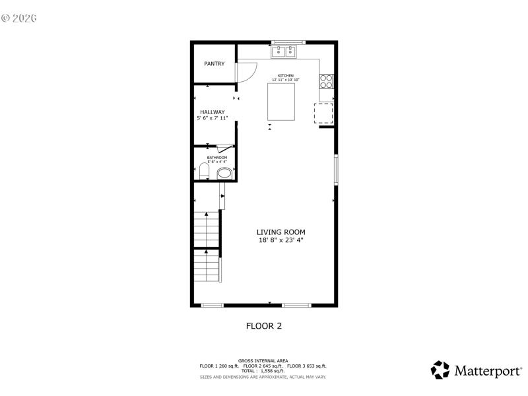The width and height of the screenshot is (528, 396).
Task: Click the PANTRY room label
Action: (214, 64)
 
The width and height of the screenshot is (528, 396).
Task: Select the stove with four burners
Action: (327, 81)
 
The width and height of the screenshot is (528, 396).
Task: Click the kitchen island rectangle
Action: (281, 102)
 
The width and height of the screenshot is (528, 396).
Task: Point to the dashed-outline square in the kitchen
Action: (323, 114)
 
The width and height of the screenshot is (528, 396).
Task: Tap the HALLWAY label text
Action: (213, 112)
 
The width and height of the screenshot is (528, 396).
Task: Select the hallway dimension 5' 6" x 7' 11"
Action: (213, 119)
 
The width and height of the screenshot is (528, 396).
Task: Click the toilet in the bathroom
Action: (204, 173)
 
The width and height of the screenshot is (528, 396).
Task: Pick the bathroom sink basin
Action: (225, 174)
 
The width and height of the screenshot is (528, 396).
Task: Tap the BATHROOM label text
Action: (217, 158)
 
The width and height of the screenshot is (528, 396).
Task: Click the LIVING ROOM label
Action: (281, 232)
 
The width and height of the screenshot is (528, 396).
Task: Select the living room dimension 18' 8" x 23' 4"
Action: (281, 240)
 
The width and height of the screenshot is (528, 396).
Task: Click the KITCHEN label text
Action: (285, 76)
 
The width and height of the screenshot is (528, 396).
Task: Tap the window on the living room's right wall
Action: (336, 170)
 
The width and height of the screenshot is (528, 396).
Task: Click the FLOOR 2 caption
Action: (264, 325)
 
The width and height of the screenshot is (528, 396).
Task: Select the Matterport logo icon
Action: (440, 370)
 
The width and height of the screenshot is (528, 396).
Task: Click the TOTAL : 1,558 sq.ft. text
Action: (263, 370)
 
